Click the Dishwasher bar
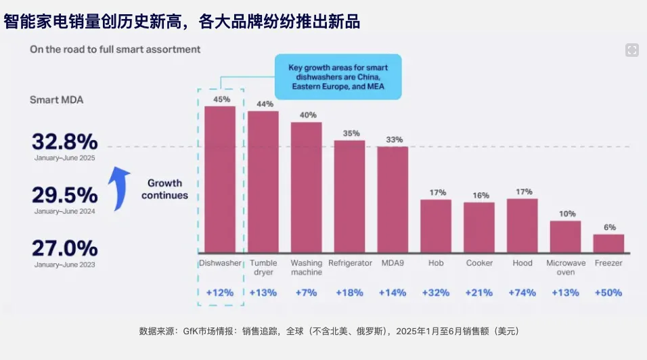tap(220, 179)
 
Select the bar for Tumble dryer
tap(263, 182)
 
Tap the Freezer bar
tap(608, 244)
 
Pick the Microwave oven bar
tap(565, 237)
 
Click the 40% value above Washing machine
tap(307, 115)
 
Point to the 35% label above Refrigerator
tap(351, 133)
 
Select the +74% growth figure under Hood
tap(522, 293)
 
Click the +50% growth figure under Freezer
tap(608, 293)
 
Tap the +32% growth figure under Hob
tap(435, 293)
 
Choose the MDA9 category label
tap(393, 263)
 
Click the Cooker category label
tap(479, 263)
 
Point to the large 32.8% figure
tap(64, 142)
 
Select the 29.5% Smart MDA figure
tap(64, 196)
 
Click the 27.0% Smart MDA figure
tap(64, 248)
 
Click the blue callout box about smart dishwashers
tap(338, 77)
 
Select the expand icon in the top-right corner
tap(632, 50)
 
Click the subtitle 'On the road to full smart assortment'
tap(115, 49)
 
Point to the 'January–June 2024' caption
tap(65, 212)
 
